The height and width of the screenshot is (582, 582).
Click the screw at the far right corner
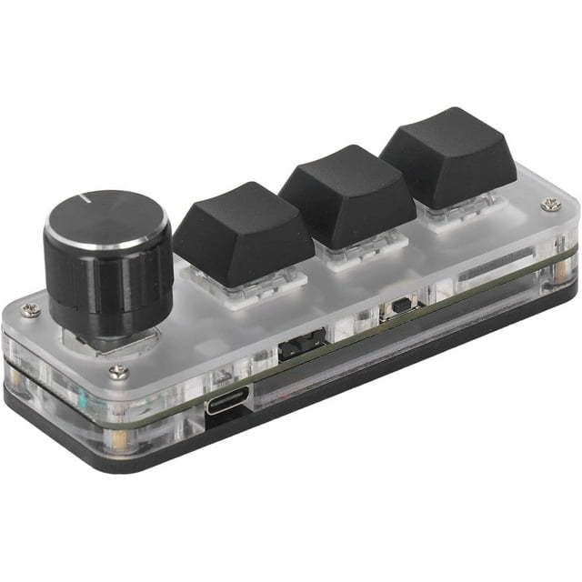pos(548,206)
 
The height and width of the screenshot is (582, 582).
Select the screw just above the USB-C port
pos(118,371)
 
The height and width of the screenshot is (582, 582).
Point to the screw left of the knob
pos(30,310)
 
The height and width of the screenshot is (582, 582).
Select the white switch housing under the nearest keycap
pos(244,289)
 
